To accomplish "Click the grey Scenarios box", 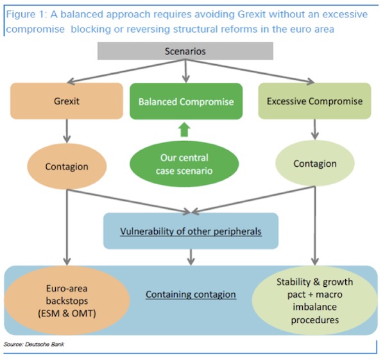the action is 185,51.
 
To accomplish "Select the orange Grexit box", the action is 67,101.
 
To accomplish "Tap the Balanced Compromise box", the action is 186,101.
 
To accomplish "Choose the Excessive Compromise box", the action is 314,101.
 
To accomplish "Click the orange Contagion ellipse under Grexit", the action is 67,166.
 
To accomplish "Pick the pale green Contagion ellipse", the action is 315,163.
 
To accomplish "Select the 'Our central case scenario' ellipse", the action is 184,164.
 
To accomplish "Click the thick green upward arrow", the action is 184,130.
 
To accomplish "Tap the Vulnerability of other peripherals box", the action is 191,231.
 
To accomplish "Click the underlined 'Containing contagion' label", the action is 191,294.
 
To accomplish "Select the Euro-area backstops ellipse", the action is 67,300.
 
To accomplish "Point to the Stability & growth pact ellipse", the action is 315,300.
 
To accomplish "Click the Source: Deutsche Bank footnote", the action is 33,345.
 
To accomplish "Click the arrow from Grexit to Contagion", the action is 67,131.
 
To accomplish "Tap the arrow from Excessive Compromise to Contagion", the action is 315,130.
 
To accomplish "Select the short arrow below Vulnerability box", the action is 191,257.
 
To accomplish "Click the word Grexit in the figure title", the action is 252,14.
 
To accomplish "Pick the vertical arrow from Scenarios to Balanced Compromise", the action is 186,71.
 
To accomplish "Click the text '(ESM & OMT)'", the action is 67,313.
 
